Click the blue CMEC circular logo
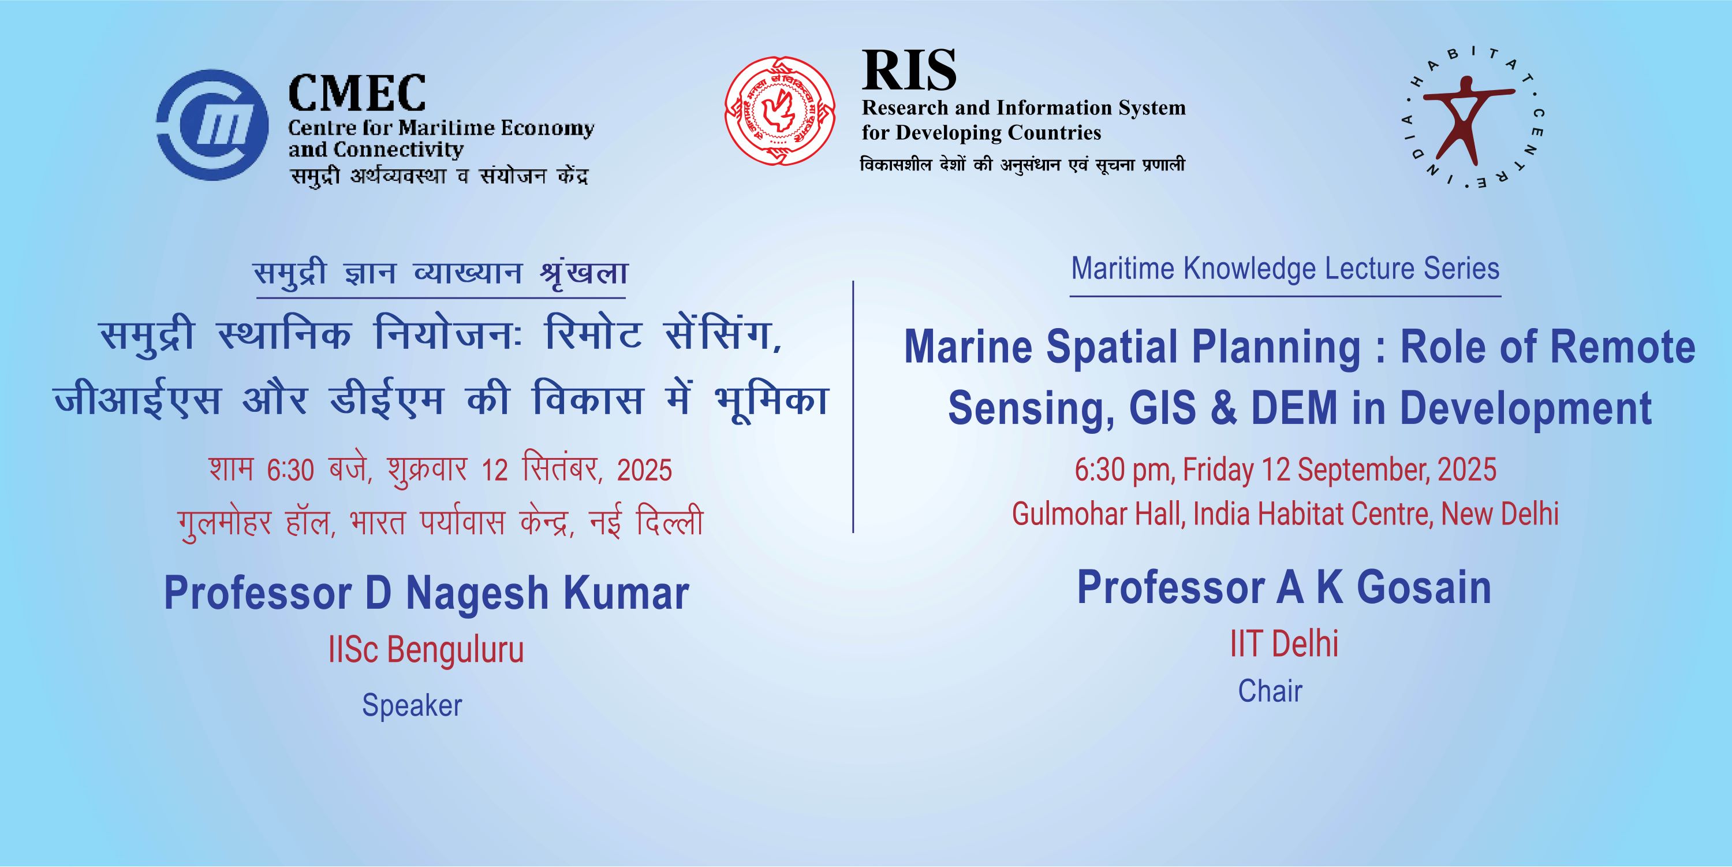pos(212,125)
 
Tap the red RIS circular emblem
pos(780,111)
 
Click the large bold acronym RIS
pos(909,70)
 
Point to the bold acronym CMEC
pos(357,93)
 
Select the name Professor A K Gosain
pos(1284,587)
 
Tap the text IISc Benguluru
pos(425,650)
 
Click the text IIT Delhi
pos(1284,643)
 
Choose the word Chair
pos(1270,691)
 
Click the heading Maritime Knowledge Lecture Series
pos(1285,269)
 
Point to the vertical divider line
pos(853,407)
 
